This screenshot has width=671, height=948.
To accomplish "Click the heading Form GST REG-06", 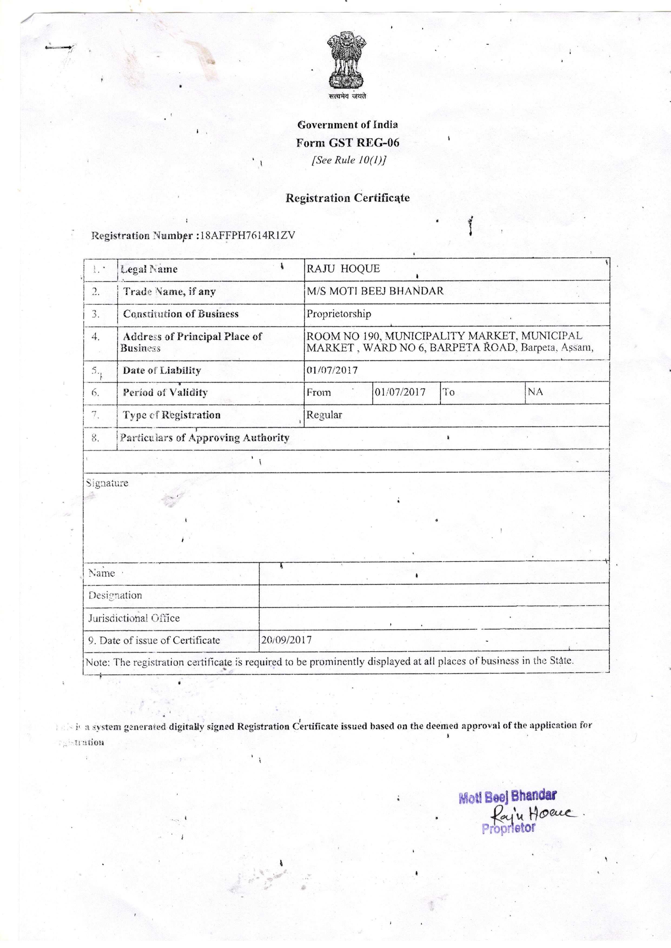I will [x=348, y=143].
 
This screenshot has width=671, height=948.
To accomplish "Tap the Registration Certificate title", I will [x=348, y=198].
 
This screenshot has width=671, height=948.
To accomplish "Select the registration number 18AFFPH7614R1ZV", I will [x=247, y=235].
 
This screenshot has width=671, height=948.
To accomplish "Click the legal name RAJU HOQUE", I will [x=343, y=269].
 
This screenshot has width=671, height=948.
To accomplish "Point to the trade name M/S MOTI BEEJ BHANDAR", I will [x=375, y=291].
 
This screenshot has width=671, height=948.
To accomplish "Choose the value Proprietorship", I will [x=338, y=314].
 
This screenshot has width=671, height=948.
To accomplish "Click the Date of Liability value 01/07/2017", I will [x=332, y=370].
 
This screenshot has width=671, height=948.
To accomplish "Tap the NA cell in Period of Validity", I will [x=535, y=392].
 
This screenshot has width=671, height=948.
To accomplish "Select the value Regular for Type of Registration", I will [x=324, y=415].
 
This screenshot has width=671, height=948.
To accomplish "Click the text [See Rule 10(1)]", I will [x=349, y=160].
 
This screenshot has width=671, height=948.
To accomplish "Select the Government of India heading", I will [x=348, y=125].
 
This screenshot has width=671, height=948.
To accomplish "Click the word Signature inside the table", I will [x=107, y=483].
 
